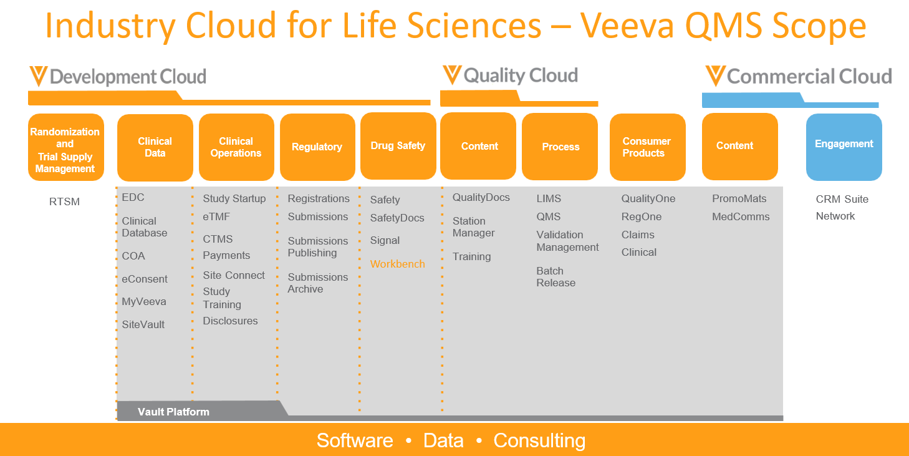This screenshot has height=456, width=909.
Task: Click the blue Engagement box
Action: [x=844, y=147]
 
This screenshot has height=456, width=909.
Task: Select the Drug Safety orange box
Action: [x=398, y=146]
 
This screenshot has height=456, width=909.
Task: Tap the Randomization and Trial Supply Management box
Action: [x=65, y=147]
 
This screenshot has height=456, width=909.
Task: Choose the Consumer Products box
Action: [x=648, y=147]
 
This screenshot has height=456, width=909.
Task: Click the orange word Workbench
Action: [x=397, y=264]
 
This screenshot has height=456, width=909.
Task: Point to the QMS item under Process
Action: [x=548, y=217]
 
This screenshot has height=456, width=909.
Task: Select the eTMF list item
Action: [x=216, y=217]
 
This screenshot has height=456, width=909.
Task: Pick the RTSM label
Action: [x=64, y=202]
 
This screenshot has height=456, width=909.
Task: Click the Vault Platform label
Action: [x=173, y=412]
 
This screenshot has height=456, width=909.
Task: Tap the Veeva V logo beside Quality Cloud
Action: [x=452, y=75]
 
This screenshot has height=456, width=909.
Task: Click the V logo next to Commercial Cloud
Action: [x=715, y=76]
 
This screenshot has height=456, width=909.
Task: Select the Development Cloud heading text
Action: [x=128, y=77]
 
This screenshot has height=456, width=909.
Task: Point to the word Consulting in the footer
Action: [x=539, y=440]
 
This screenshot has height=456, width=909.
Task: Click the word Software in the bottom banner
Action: [x=355, y=440]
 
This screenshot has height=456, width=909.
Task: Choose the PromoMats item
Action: [x=739, y=198]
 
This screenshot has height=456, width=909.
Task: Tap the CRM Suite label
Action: [x=842, y=200]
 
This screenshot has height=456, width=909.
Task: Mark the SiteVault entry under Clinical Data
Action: [x=143, y=325]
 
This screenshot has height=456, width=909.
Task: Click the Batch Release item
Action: [x=555, y=277]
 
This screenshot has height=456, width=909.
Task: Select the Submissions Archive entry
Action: [x=318, y=283]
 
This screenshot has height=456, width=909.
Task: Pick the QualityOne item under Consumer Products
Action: [x=648, y=198]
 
